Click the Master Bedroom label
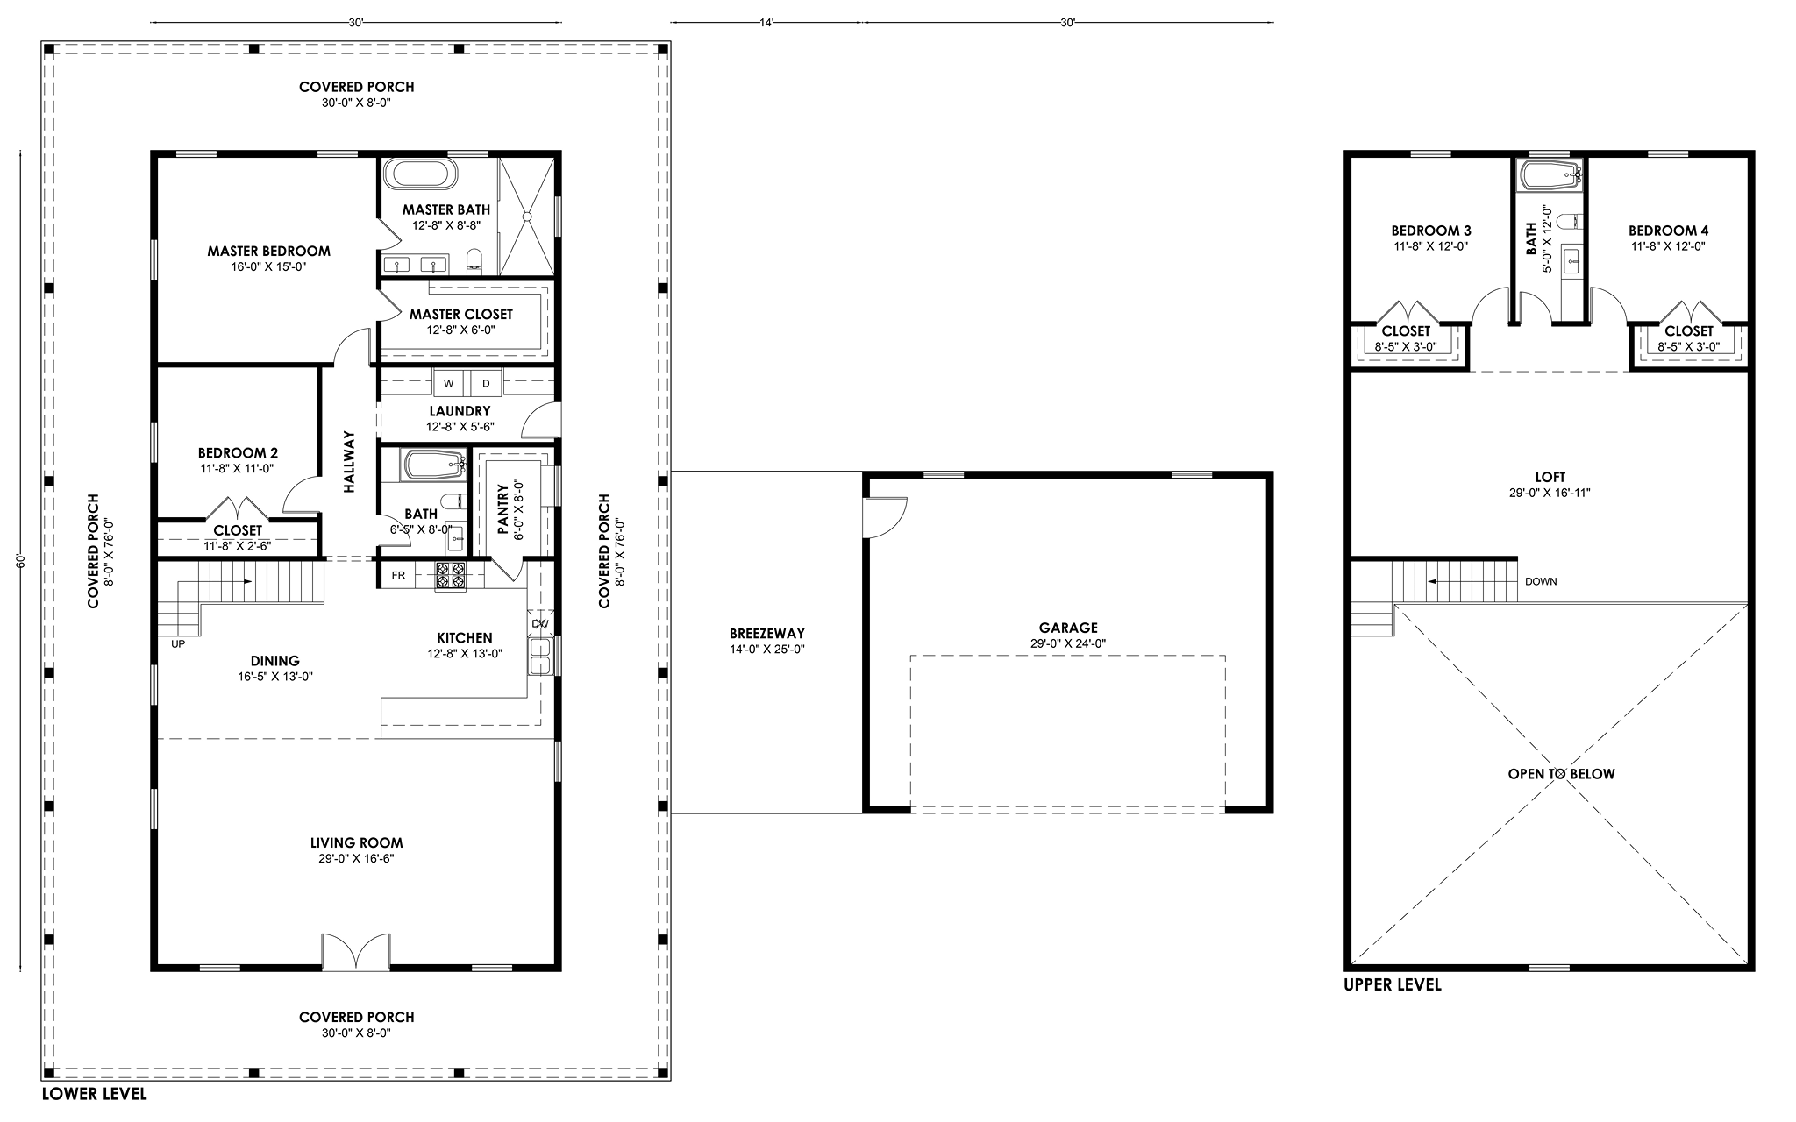click(268, 251)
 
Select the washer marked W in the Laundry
click(449, 383)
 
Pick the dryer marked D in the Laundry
click(486, 383)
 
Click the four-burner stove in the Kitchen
click(452, 575)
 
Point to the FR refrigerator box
click(397, 575)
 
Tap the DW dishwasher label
click(539, 623)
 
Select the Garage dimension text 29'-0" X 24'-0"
click(1068, 643)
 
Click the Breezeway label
click(766, 634)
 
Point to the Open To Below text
click(1561, 774)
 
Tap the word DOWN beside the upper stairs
click(1541, 581)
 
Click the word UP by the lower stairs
click(178, 643)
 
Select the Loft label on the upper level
click(1550, 477)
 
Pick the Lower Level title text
click(95, 1094)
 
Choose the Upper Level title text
click(1393, 985)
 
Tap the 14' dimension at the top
click(766, 23)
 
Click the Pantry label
click(503, 509)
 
